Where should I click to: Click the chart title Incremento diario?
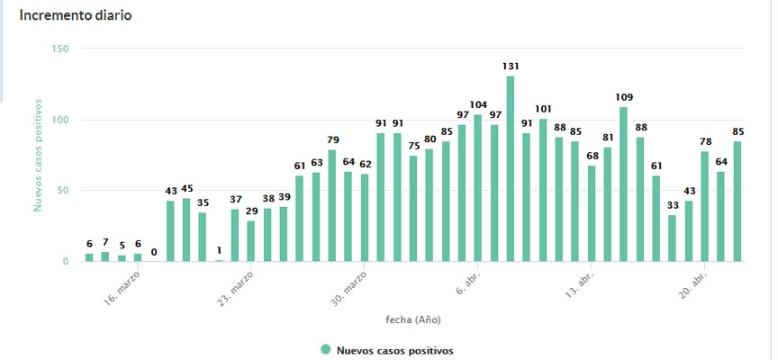tap(77, 16)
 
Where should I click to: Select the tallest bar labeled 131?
tap(511, 169)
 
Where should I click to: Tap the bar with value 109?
tap(623, 184)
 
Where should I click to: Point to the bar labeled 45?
tap(186, 230)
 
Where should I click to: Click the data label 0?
tap(154, 252)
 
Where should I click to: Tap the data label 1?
tap(219, 249)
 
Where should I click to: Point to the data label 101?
tap(543, 109)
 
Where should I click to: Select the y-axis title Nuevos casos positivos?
tap(38, 155)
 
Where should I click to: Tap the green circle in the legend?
tap(326, 350)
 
